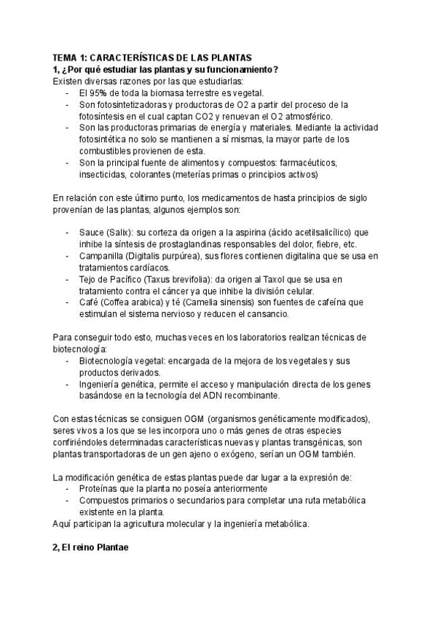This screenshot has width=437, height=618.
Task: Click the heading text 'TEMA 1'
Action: click(x=69, y=58)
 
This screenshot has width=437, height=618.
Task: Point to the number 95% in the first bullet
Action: click(x=101, y=93)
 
